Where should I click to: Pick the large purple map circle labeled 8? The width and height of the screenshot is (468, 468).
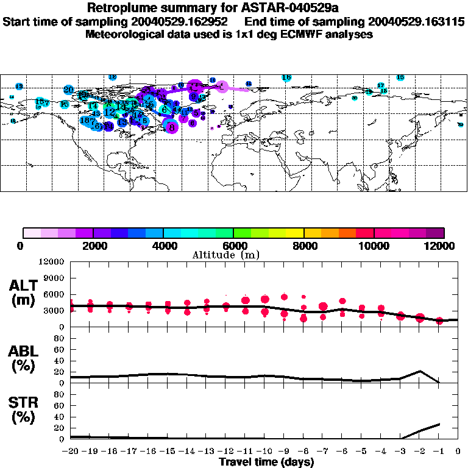click(172, 127)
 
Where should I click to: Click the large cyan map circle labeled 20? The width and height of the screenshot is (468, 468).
click(68, 90)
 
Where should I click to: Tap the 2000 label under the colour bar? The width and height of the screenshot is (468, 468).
click(93, 246)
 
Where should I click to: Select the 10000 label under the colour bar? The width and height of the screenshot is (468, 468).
click(374, 246)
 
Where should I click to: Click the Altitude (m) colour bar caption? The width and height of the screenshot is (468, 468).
click(233, 255)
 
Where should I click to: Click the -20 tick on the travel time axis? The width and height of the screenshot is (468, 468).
click(71, 452)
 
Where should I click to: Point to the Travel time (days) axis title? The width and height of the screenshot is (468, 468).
click(266, 462)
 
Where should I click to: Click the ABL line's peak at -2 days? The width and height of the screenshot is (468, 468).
click(419, 370)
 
